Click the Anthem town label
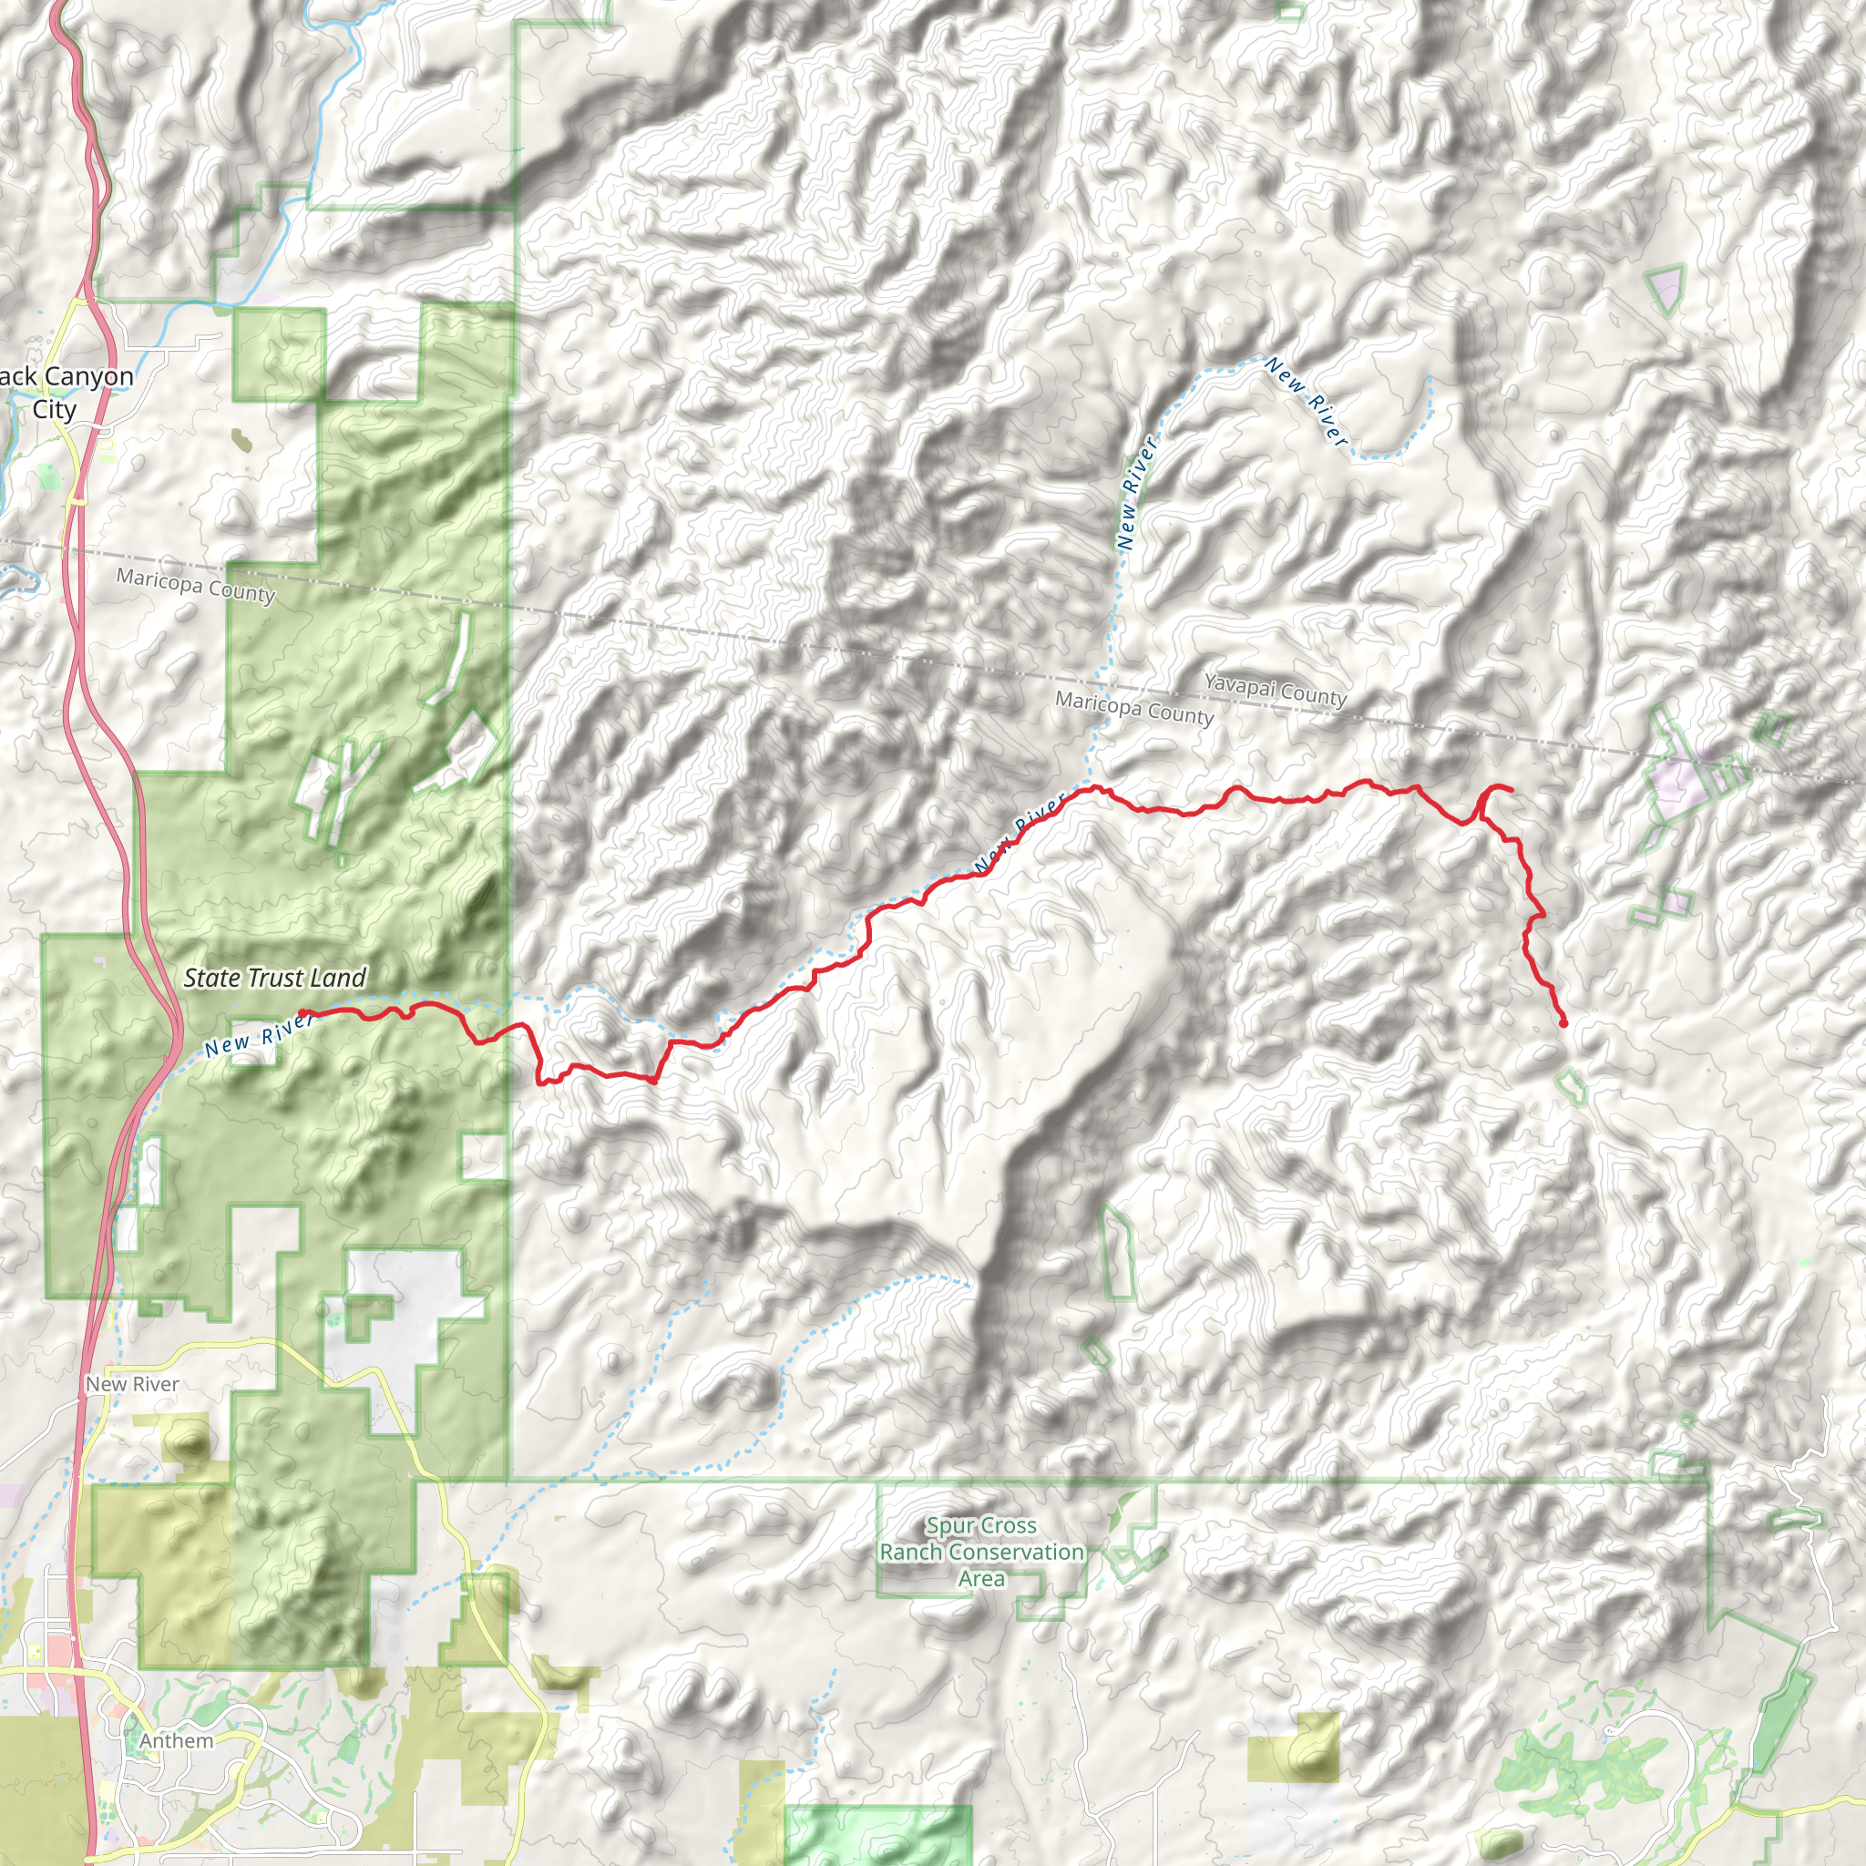click(x=176, y=1740)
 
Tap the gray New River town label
click(x=132, y=1384)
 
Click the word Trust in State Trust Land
click(x=275, y=978)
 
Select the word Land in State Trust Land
click(x=338, y=978)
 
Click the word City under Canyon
click(x=54, y=409)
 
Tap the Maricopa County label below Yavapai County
click(x=1133, y=708)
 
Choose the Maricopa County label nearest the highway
click(x=196, y=585)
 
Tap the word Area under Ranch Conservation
click(x=981, y=1578)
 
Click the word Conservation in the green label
click(x=1016, y=1552)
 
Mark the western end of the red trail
click(x=302, y=1013)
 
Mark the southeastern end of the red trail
click(x=1563, y=1023)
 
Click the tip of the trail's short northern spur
click(x=1511, y=791)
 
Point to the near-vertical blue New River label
click(x=1136, y=494)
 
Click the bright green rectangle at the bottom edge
click(x=877, y=1835)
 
